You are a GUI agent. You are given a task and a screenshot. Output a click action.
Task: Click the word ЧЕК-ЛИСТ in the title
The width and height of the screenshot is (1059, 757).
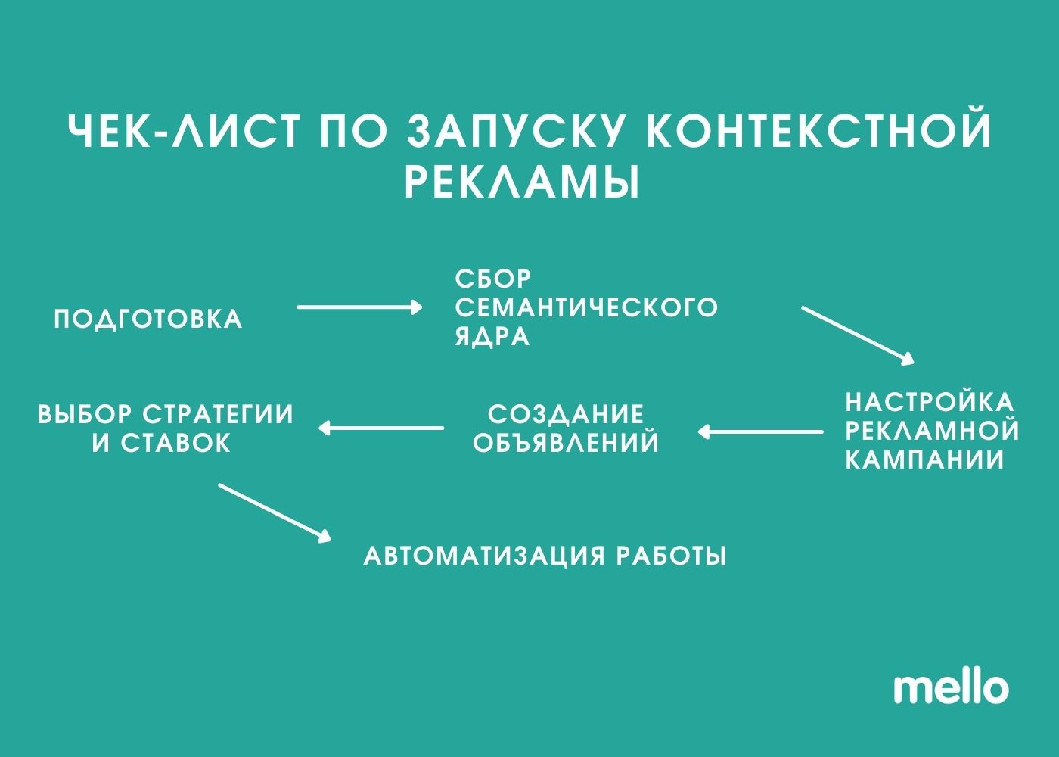pyautogui.click(x=183, y=130)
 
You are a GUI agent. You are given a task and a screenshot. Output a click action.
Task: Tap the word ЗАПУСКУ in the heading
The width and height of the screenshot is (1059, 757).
pyautogui.click(x=513, y=130)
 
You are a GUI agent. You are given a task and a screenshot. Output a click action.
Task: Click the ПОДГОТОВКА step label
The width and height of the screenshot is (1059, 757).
pyautogui.click(x=148, y=319)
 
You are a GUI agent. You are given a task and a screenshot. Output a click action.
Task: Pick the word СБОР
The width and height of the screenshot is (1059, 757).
pyautogui.click(x=493, y=279)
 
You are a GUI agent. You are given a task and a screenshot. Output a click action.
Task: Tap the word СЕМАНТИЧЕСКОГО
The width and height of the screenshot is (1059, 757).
pyautogui.click(x=586, y=307)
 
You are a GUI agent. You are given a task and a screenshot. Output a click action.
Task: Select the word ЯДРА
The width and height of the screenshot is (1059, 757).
pyautogui.click(x=492, y=337)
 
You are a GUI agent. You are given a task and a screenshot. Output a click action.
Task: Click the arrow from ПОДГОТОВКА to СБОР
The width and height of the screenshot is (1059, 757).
pyautogui.click(x=359, y=307)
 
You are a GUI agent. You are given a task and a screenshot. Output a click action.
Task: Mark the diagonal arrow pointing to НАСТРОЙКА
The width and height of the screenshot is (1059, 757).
pyautogui.click(x=858, y=336)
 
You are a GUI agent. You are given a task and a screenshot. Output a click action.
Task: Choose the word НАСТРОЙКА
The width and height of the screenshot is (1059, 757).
pyautogui.click(x=930, y=402)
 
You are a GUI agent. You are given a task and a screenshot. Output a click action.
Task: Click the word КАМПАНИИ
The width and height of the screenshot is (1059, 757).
pyautogui.click(x=924, y=460)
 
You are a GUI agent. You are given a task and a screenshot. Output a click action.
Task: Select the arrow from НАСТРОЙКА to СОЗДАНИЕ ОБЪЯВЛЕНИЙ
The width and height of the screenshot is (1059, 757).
pyautogui.click(x=760, y=432)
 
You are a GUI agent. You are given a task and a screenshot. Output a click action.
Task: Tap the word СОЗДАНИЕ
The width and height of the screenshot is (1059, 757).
pyautogui.click(x=566, y=415)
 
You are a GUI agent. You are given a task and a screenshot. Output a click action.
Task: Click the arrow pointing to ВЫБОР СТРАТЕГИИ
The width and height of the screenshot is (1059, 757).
pyautogui.click(x=381, y=428)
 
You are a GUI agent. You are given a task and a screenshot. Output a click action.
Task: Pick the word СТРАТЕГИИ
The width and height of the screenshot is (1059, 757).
pyautogui.click(x=218, y=415)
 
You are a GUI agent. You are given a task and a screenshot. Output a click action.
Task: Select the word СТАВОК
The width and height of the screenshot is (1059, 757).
pyautogui.click(x=175, y=444)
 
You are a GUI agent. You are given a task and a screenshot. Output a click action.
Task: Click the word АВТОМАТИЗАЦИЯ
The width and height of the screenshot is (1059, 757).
pyautogui.click(x=484, y=556)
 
